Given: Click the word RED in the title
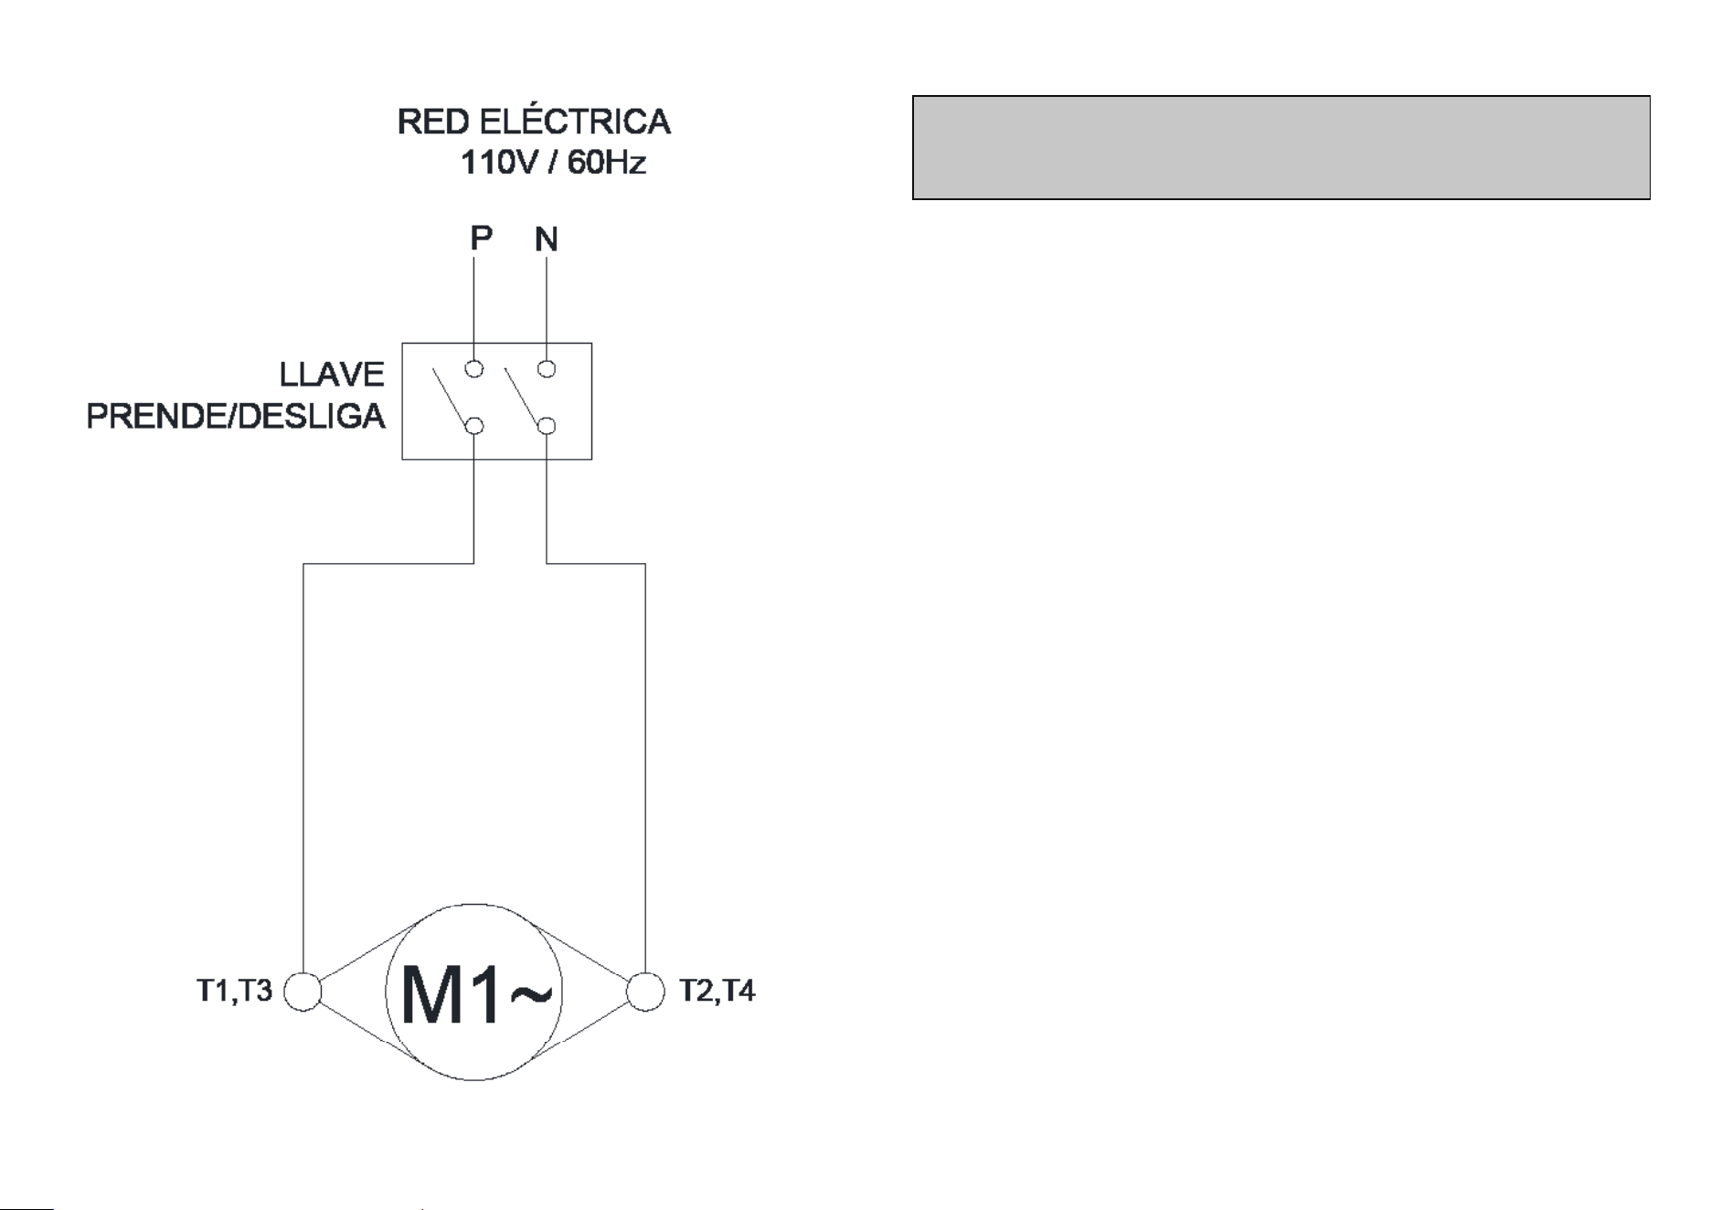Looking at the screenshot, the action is click(x=433, y=122).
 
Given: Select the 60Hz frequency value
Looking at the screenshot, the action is click(x=607, y=163).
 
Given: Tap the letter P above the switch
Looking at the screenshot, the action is click(x=482, y=239).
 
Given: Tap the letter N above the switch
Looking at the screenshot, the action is click(x=547, y=239).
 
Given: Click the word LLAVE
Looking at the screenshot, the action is click(x=332, y=375).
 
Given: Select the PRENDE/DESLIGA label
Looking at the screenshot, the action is click(x=236, y=417).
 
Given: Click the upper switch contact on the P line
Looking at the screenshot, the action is click(x=474, y=369).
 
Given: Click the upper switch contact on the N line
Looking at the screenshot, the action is click(x=547, y=369).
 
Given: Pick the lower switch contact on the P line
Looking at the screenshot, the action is click(x=474, y=426).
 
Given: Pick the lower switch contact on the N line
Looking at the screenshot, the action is click(x=547, y=426).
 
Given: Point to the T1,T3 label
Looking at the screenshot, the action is click(x=235, y=991).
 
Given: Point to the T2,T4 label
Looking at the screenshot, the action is click(x=717, y=991).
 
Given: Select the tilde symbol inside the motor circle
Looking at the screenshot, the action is click(x=531, y=995).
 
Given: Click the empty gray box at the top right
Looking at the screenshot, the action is click(x=1281, y=147).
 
